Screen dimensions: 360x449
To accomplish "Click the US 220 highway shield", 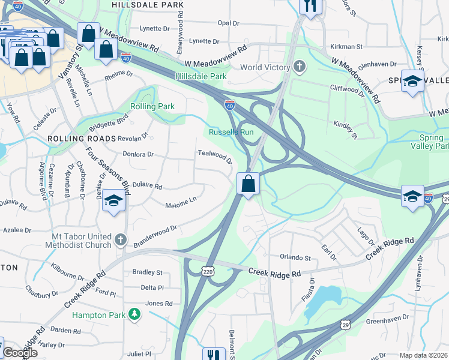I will (208, 272).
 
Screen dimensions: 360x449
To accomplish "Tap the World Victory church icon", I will (299, 67).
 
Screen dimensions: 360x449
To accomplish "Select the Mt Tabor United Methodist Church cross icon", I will (120, 240).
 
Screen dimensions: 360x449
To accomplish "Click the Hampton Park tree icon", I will (136, 314).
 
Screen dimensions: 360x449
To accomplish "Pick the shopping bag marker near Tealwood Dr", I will (248, 184).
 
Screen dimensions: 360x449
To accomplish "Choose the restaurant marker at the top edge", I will (310, 6).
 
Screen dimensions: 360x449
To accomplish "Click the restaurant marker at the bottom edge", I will (213, 355).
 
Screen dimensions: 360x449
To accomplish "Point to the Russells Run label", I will (228, 132).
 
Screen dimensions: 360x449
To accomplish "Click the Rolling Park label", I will (153, 106).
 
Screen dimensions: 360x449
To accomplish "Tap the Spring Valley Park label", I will (430, 142).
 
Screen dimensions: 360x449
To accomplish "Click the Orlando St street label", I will (295, 258).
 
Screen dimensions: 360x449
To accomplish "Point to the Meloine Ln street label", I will (181, 205).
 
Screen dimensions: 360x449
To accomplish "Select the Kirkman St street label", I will (346, 46).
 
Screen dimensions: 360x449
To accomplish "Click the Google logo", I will (20, 353).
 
